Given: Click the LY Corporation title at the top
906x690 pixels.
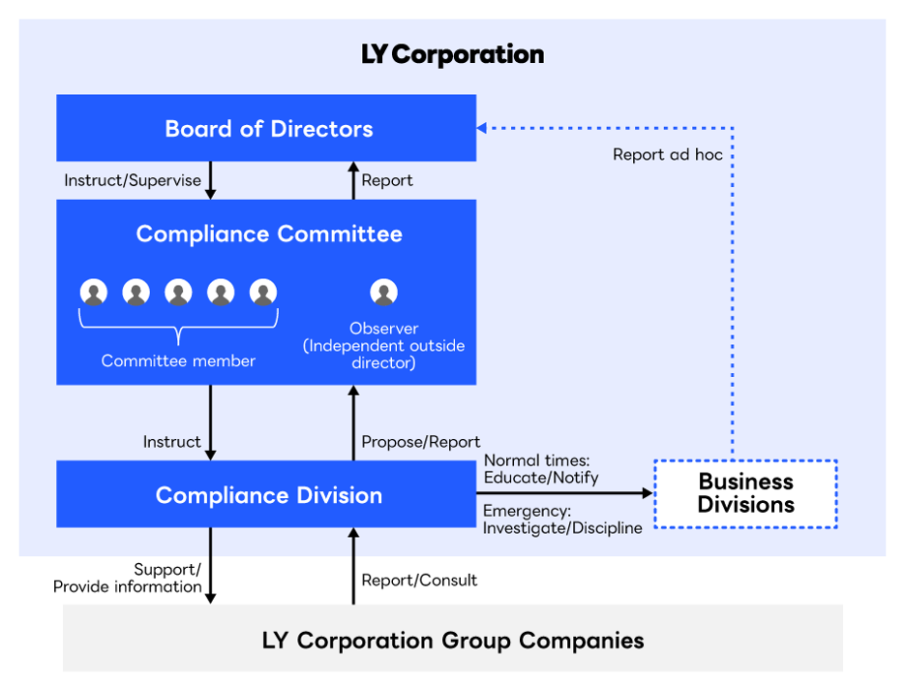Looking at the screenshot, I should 452,54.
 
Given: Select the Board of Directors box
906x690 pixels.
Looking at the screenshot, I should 266,128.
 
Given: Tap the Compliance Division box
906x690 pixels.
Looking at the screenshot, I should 266,495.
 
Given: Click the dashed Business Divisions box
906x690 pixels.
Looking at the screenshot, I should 745,493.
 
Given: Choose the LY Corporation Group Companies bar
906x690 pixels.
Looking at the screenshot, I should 452,640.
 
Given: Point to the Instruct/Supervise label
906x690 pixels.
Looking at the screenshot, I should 133,180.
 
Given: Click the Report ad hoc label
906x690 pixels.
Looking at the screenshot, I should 668,154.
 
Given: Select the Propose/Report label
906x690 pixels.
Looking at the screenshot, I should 421,442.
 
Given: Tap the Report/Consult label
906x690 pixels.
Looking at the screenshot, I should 419,580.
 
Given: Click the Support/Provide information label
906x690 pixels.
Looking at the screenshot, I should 128,578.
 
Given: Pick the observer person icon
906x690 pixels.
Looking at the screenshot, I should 384,292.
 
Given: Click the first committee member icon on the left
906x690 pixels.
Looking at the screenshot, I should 94,292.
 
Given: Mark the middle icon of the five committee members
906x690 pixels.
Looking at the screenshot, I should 179,292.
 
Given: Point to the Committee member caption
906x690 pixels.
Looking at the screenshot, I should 178,361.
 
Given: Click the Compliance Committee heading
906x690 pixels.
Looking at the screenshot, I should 268,234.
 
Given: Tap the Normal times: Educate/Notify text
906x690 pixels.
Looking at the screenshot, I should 541,469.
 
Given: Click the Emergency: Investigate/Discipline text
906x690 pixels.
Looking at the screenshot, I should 562,518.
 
